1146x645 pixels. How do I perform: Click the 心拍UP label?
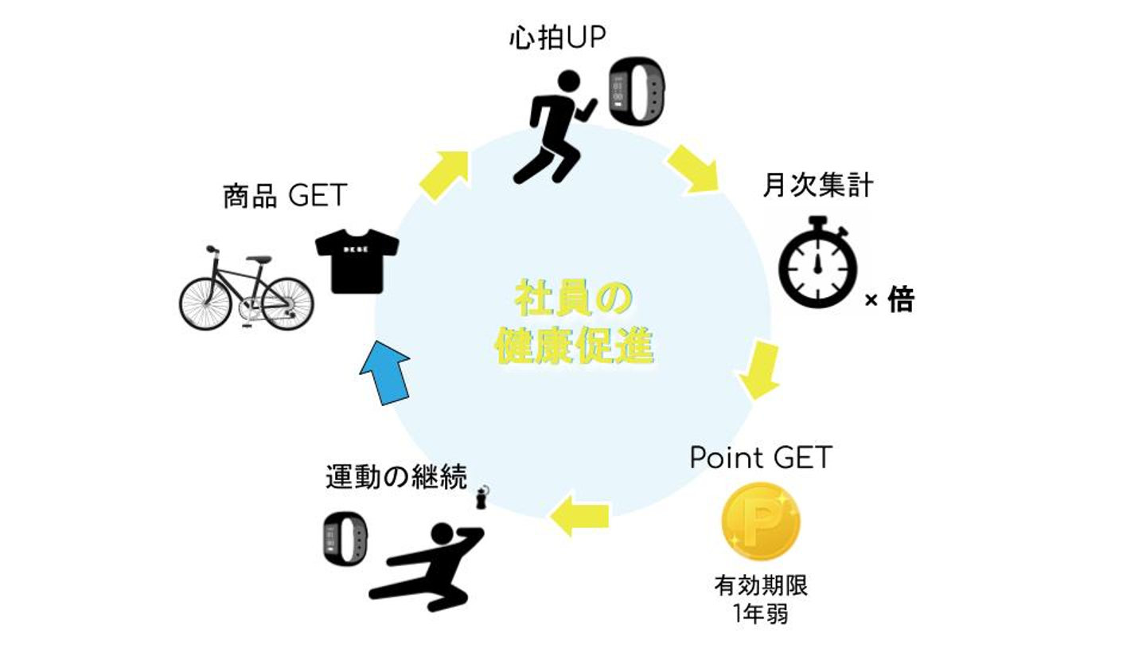pyautogui.click(x=557, y=39)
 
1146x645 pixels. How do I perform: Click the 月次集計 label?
pyautogui.click(x=817, y=186)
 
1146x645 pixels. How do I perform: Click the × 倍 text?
pyautogui.click(x=889, y=301)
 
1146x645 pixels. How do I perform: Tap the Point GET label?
pyautogui.click(x=760, y=458)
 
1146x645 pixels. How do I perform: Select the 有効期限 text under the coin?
pyautogui.click(x=761, y=587)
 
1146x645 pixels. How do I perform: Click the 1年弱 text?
pyautogui.click(x=761, y=615)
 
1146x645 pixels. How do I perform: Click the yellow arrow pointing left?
pyautogui.click(x=580, y=515)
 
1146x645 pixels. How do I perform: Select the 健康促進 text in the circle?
pyautogui.click(x=573, y=346)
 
